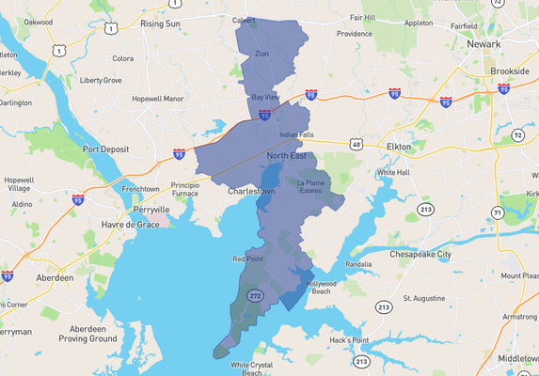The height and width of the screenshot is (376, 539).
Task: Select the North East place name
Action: (287, 156)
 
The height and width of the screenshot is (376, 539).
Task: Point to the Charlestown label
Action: (252, 191)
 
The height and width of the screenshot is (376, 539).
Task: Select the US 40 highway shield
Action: (356, 144)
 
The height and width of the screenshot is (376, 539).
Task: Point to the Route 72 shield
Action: (518, 135)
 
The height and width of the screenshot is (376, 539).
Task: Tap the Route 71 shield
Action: (497, 214)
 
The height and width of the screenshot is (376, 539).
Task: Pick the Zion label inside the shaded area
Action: (262, 54)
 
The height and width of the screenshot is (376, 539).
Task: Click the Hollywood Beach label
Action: (321, 288)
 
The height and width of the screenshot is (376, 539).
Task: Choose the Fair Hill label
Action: (362, 17)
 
